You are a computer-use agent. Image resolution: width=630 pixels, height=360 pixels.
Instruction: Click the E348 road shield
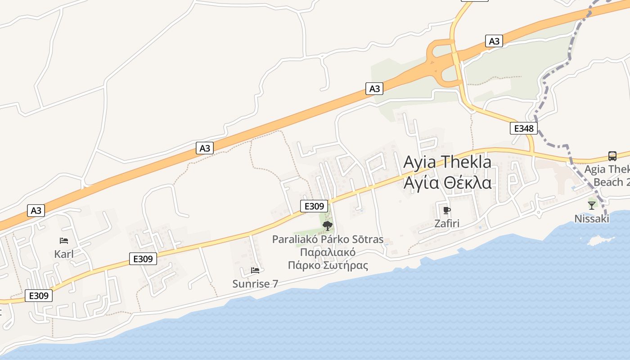point(524,129)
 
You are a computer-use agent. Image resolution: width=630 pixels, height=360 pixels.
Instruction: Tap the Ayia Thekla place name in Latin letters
point(447,162)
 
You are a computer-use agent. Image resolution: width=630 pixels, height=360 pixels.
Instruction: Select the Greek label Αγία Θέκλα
point(447,183)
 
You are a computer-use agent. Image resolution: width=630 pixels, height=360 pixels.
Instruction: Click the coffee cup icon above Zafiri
point(446,210)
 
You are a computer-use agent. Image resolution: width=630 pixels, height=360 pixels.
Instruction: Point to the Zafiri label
point(446,223)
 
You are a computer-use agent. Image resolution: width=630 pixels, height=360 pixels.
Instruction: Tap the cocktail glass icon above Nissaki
point(591,206)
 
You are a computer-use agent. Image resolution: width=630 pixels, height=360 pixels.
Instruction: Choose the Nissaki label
point(591,219)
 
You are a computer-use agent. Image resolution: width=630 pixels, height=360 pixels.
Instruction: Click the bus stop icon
point(612,156)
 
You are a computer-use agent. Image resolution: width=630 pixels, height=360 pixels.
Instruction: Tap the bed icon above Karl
point(64,241)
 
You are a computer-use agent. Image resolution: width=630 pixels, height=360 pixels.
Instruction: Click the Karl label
point(64,254)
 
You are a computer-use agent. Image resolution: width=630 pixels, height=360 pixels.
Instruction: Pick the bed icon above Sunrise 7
point(255,270)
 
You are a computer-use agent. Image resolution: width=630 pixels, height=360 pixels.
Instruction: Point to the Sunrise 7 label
point(255,284)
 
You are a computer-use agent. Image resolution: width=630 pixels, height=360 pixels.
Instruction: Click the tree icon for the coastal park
point(328,225)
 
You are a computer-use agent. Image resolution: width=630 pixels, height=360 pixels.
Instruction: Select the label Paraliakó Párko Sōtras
point(328,239)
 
